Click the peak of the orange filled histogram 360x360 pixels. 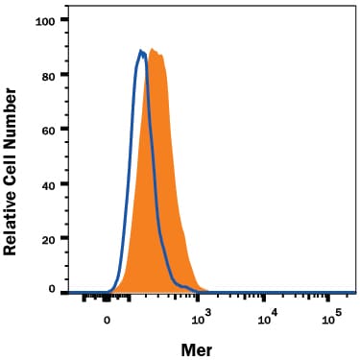point(154,49)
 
